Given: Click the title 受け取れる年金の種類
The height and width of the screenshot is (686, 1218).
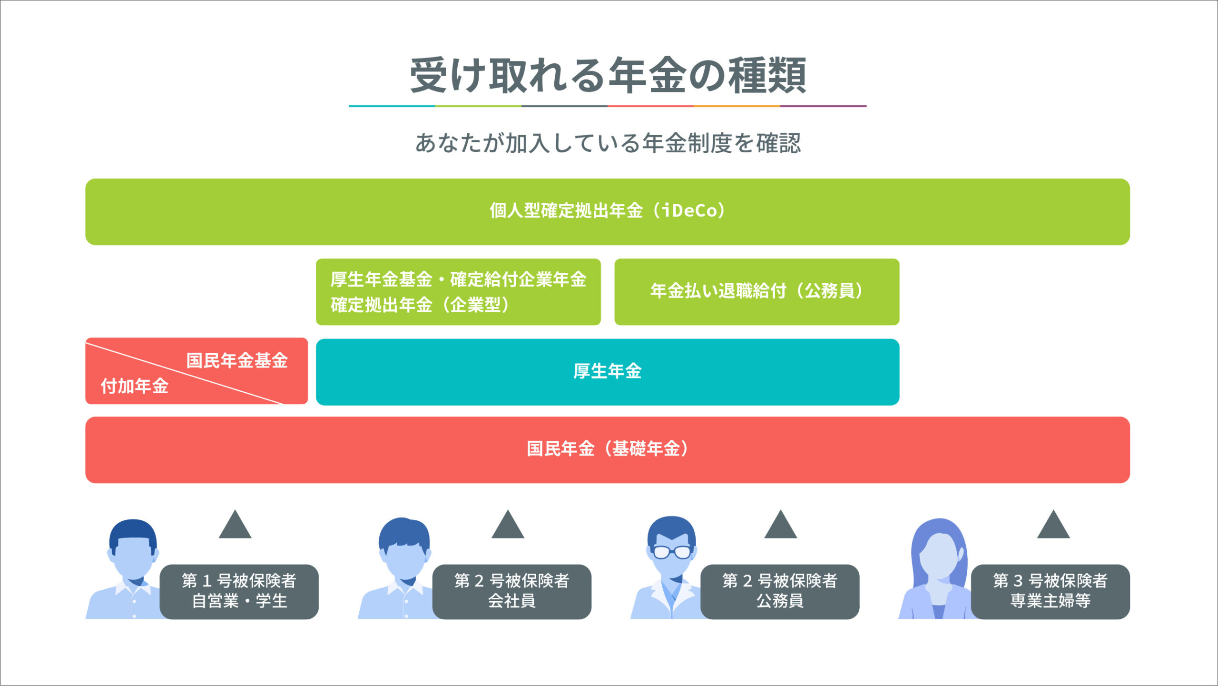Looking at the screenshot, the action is [x=608, y=75].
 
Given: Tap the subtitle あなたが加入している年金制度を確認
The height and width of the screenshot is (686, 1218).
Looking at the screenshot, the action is [x=608, y=143].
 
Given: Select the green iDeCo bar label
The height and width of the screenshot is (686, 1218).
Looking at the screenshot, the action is [x=608, y=210].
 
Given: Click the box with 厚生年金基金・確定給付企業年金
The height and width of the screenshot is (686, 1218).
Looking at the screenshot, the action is [x=458, y=292].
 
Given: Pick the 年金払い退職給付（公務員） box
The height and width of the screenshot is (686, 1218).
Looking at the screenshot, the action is [x=756, y=292].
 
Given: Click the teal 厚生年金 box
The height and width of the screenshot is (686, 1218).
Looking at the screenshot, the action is [x=608, y=372].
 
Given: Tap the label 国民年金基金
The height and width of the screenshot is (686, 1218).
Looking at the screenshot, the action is [x=237, y=360].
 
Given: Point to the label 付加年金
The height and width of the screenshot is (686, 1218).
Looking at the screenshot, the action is [x=135, y=386].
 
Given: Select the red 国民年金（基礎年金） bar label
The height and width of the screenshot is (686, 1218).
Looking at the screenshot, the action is [x=608, y=448].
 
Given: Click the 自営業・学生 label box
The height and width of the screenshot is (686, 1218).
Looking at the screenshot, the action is [x=239, y=592].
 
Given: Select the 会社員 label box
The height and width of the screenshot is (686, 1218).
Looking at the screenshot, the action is [x=511, y=592].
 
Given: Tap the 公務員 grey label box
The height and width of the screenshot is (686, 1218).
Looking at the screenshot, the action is [x=780, y=592].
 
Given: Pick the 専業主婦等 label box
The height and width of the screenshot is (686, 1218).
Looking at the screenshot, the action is [x=1051, y=592].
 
